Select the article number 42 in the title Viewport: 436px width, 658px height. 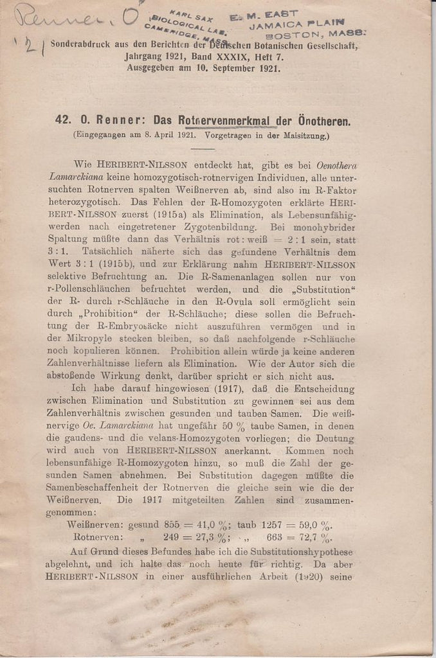[63, 120]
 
